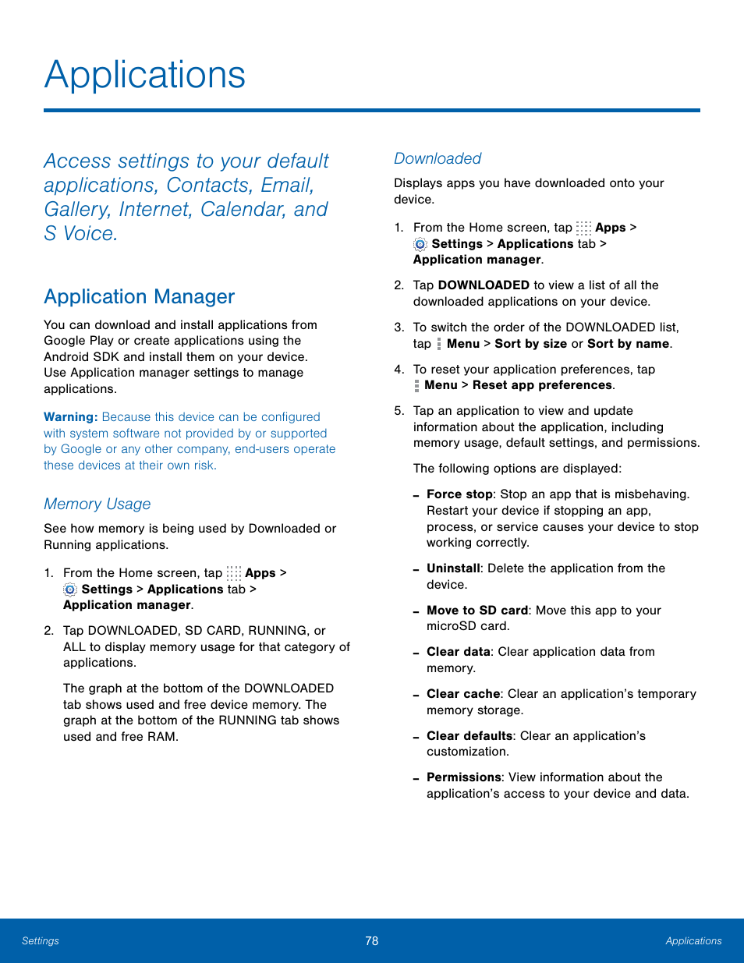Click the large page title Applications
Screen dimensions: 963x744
coord(145,75)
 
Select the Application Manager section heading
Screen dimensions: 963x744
coord(139,297)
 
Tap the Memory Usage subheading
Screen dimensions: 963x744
coord(97,505)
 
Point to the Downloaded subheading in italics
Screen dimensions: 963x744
coord(437,159)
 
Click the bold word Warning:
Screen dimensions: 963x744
coord(70,417)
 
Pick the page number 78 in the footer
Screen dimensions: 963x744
coord(372,941)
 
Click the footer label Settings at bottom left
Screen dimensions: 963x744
coord(41,941)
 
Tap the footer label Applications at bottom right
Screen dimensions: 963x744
coord(693,941)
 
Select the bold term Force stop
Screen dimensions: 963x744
coord(459,494)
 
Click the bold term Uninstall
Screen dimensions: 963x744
coord(453,568)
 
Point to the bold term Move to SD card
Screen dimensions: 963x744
coord(477,611)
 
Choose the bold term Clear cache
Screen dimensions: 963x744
coord(463,694)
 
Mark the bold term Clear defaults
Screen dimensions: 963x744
coord(469,736)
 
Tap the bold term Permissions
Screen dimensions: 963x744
coord(463,777)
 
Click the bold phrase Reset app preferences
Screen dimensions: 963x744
coord(542,385)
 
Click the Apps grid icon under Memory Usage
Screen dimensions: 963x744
coord(234,573)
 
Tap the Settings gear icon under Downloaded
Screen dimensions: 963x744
coord(420,244)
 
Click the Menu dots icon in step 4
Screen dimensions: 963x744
coord(417,385)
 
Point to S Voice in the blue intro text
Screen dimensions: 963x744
coord(80,234)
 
